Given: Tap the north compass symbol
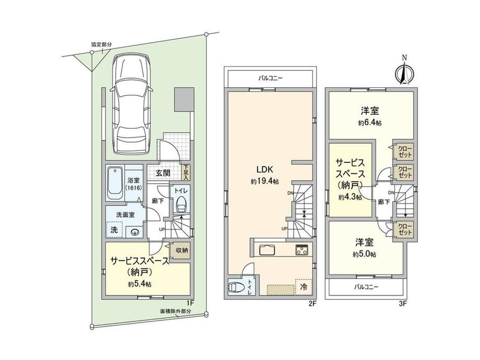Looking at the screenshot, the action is click(x=404, y=71).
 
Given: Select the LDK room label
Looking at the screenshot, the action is click(x=265, y=169).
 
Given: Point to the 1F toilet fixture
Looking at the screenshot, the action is click(x=181, y=204).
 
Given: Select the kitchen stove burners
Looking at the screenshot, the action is click(x=302, y=250).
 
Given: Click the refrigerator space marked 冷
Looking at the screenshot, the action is click(x=304, y=287).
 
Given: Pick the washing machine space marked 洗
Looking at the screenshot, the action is click(x=114, y=230).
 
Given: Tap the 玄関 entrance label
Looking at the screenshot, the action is click(x=163, y=173).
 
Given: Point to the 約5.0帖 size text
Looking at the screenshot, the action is click(x=364, y=255).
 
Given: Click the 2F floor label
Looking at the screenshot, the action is click(x=312, y=304).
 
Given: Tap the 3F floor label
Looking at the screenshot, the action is click(x=403, y=304).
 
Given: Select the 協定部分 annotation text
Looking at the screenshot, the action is click(x=102, y=44).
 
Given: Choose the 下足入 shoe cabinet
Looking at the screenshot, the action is click(x=186, y=173).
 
